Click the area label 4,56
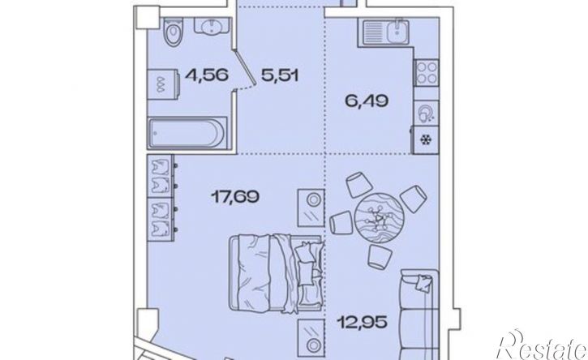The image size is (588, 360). pos(206,76)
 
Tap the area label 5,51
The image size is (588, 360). pos(279,76)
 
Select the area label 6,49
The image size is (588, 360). pos(367,101)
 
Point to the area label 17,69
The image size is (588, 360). pos(234,196)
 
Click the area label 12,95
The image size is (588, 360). pos(362,322)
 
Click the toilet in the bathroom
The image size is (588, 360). pos(174,32)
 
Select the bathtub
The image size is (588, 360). pos(187,133)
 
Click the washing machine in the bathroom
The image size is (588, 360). pos(164,84)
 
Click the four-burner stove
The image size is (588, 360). pos(427,73)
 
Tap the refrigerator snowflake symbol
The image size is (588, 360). pos(426,140)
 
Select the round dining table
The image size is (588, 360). pos(380,218)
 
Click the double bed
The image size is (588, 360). pos(277,274)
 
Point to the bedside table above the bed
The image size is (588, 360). pos(311,208)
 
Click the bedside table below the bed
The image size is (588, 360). pos(311,337)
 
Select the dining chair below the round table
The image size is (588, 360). pos(380,257)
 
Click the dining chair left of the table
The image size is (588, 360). pos(341,223)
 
